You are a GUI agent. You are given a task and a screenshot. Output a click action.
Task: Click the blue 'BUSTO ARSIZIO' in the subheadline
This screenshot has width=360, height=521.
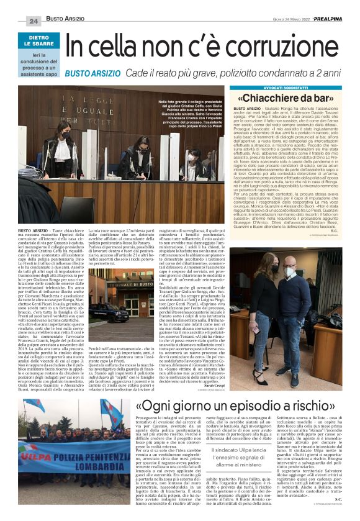tap(93, 73)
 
